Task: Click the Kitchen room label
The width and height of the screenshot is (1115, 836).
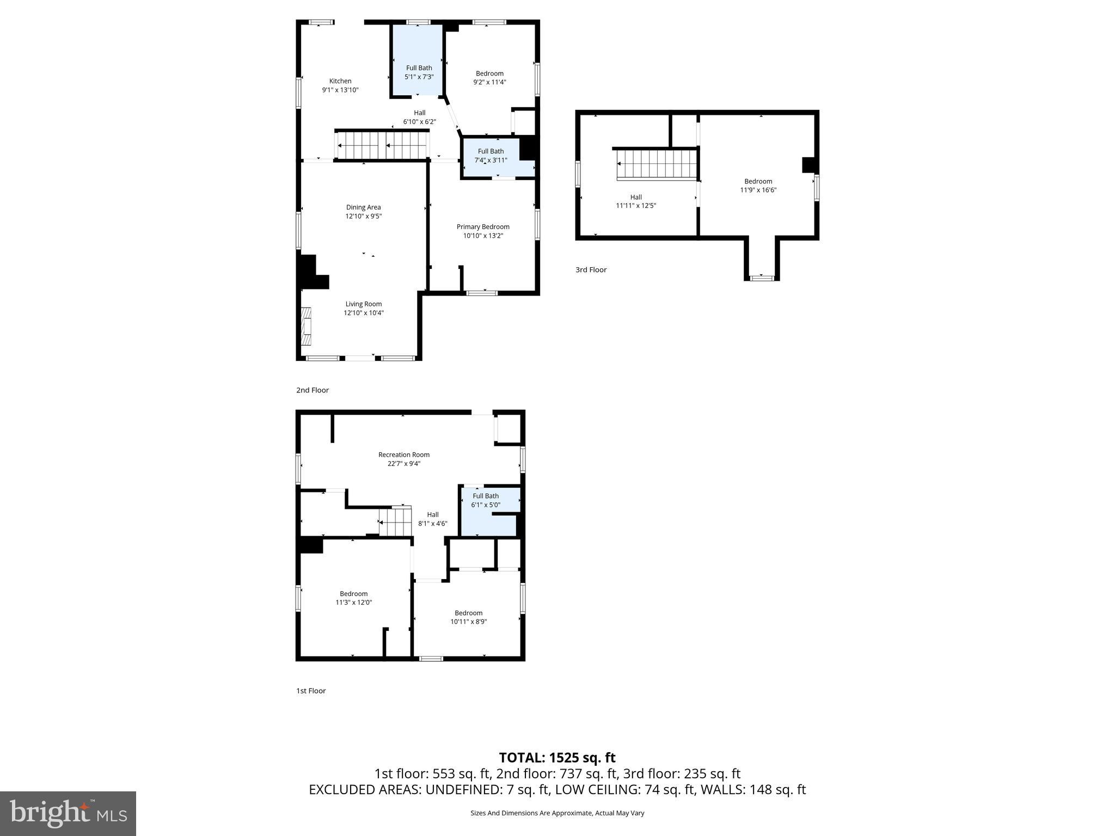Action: pyautogui.click(x=340, y=81)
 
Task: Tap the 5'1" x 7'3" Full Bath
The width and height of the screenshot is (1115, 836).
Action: pyautogui.click(x=419, y=72)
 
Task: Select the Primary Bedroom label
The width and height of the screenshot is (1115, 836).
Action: pyautogui.click(x=483, y=227)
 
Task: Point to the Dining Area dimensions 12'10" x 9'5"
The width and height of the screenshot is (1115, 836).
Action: pyautogui.click(x=363, y=216)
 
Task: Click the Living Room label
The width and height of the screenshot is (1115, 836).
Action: pyautogui.click(x=363, y=304)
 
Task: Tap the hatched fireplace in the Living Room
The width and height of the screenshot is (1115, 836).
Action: pyautogui.click(x=307, y=326)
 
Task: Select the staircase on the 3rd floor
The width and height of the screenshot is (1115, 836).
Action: pyautogui.click(x=657, y=164)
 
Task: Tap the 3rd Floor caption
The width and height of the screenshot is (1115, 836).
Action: pyautogui.click(x=591, y=269)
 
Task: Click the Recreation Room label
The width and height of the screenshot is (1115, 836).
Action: pyautogui.click(x=404, y=455)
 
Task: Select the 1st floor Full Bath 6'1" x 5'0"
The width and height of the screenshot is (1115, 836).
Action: pyautogui.click(x=486, y=500)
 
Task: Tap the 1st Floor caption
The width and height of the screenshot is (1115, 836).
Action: pyautogui.click(x=311, y=691)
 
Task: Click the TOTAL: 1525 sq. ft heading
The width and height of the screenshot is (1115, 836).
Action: pyautogui.click(x=557, y=758)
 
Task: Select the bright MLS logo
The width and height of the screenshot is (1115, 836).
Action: pyautogui.click(x=68, y=813)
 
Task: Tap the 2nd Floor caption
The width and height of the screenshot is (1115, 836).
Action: pyautogui.click(x=313, y=390)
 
